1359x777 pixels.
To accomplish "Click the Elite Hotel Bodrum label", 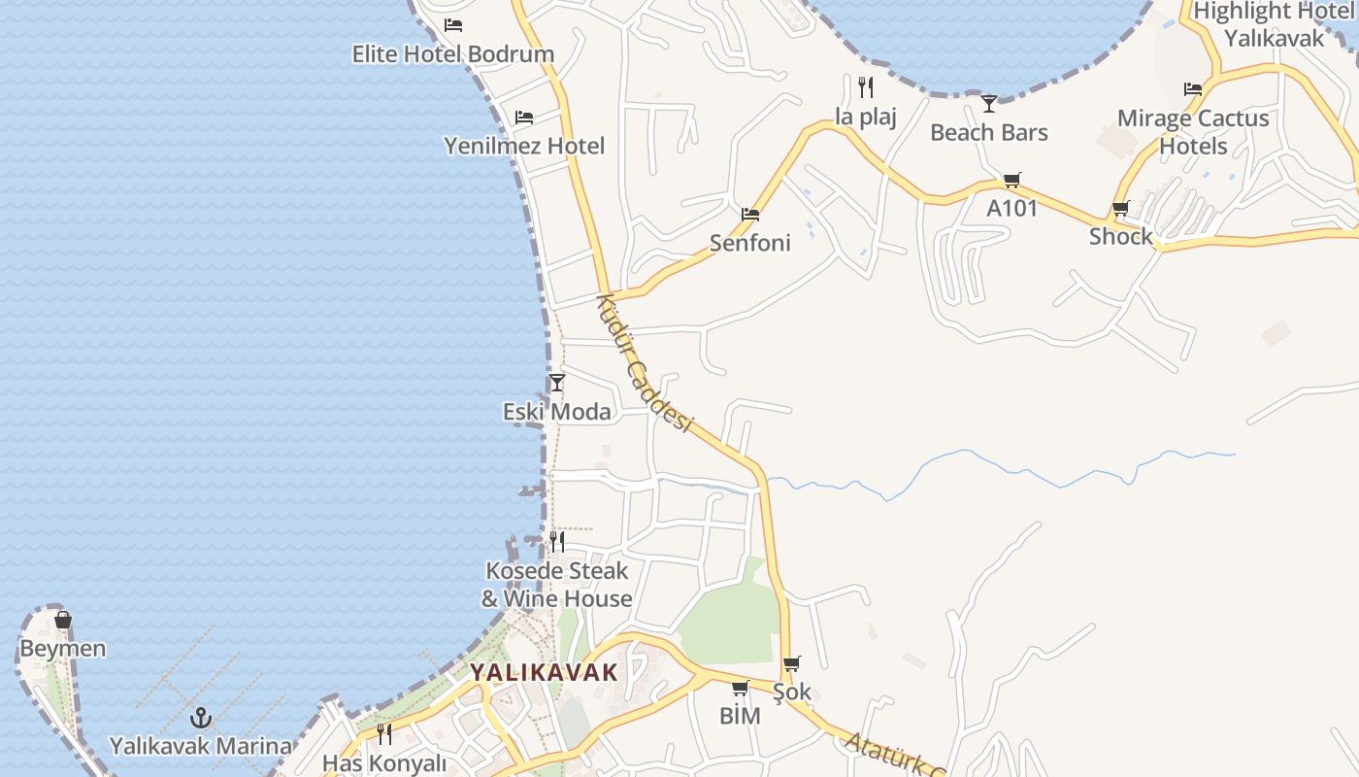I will [x=452, y=54].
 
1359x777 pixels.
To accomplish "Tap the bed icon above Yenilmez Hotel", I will [x=524, y=118].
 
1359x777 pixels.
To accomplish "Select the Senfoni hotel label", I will [x=749, y=243].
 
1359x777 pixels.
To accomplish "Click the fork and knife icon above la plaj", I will [x=866, y=87].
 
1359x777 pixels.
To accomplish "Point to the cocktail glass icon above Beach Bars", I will [x=989, y=103].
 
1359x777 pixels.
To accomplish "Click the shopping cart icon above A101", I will [x=1012, y=180].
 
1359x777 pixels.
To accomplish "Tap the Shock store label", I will [x=1120, y=236].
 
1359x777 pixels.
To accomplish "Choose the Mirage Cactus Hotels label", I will [x=1193, y=132].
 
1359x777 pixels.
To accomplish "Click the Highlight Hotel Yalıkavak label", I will [x=1274, y=25].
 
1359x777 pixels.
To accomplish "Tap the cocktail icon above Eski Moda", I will [x=556, y=383].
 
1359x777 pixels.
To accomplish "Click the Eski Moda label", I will [x=556, y=412].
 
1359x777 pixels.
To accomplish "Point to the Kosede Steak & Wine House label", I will [x=556, y=585].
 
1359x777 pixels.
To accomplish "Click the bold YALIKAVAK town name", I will [x=544, y=672].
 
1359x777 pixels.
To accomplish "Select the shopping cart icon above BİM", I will [x=740, y=689].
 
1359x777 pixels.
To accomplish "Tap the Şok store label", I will [x=791, y=693].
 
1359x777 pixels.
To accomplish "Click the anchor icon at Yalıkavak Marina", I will [x=201, y=719].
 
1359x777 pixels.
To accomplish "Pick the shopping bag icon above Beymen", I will [x=63, y=620].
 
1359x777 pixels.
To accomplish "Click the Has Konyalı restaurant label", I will [x=384, y=763].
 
